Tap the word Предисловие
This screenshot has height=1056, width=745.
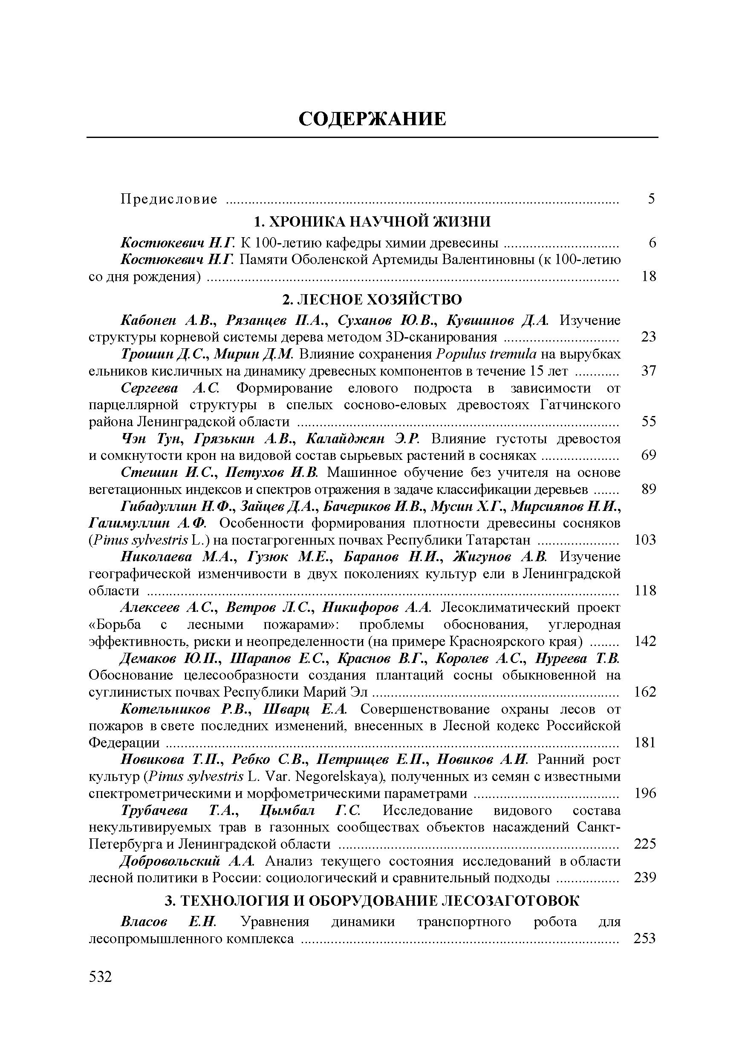pos(168,199)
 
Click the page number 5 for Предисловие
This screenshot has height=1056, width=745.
pos(651,199)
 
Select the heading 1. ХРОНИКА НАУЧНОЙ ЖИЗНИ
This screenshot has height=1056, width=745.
pos(372,222)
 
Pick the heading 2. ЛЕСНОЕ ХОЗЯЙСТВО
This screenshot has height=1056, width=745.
pos(372,300)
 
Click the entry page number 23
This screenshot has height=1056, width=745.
pos(648,337)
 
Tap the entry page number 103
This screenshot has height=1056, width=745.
pos(645,540)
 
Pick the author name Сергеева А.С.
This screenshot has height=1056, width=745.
pos(171,388)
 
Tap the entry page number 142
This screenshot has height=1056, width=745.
pos(645,642)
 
